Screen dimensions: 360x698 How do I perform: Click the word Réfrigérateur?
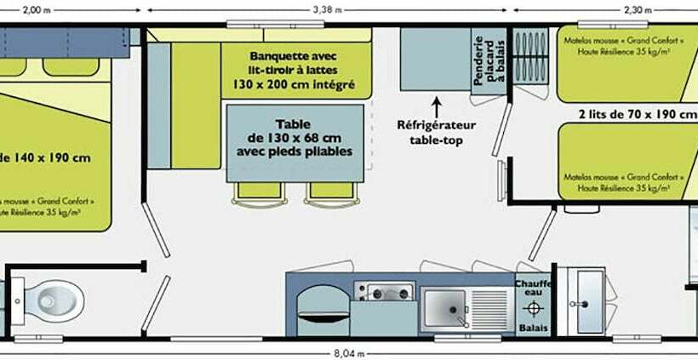(x=437, y=126)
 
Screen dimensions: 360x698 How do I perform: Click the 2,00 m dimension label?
(x=31, y=10)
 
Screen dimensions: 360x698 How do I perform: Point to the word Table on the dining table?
(x=295, y=123)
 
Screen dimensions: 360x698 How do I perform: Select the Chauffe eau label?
(x=533, y=289)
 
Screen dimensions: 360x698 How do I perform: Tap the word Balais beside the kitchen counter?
(x=533, y=327)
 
